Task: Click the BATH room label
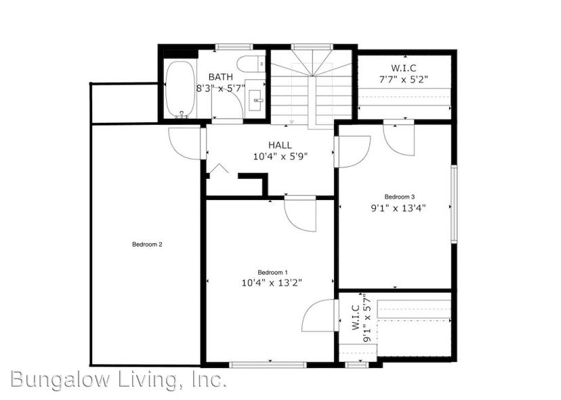(221, 77)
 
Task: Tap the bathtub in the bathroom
(181, 89)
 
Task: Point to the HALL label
(280, 145)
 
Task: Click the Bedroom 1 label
(272, 272)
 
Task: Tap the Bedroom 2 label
(147, 245)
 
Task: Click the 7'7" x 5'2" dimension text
(403, 79)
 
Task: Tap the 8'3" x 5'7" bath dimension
(220, 88)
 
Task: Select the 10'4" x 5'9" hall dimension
(280, 156)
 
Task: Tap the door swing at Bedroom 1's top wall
(300, 214)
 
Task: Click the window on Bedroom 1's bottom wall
(270, 365)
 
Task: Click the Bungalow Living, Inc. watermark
(118, 380)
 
